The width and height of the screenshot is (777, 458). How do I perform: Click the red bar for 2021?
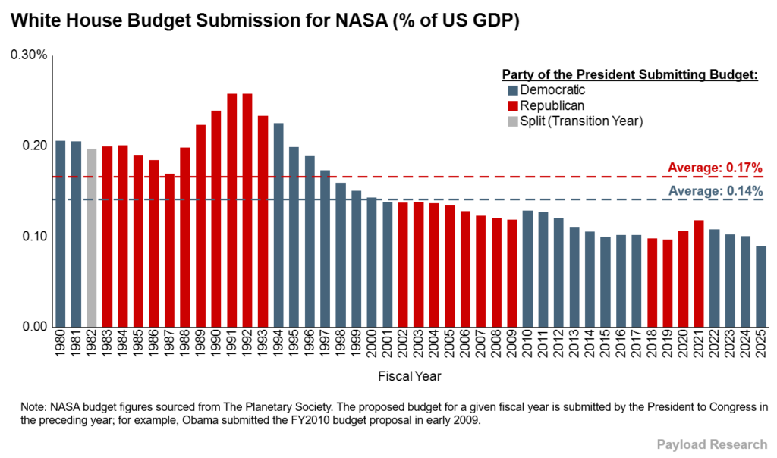pos(699,273)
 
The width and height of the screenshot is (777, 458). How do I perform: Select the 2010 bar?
pos(527,268)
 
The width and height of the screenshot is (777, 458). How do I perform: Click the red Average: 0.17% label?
pos(715,168)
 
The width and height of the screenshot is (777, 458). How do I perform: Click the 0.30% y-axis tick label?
pos(29,55)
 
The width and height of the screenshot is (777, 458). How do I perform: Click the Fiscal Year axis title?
pos(410,375)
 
